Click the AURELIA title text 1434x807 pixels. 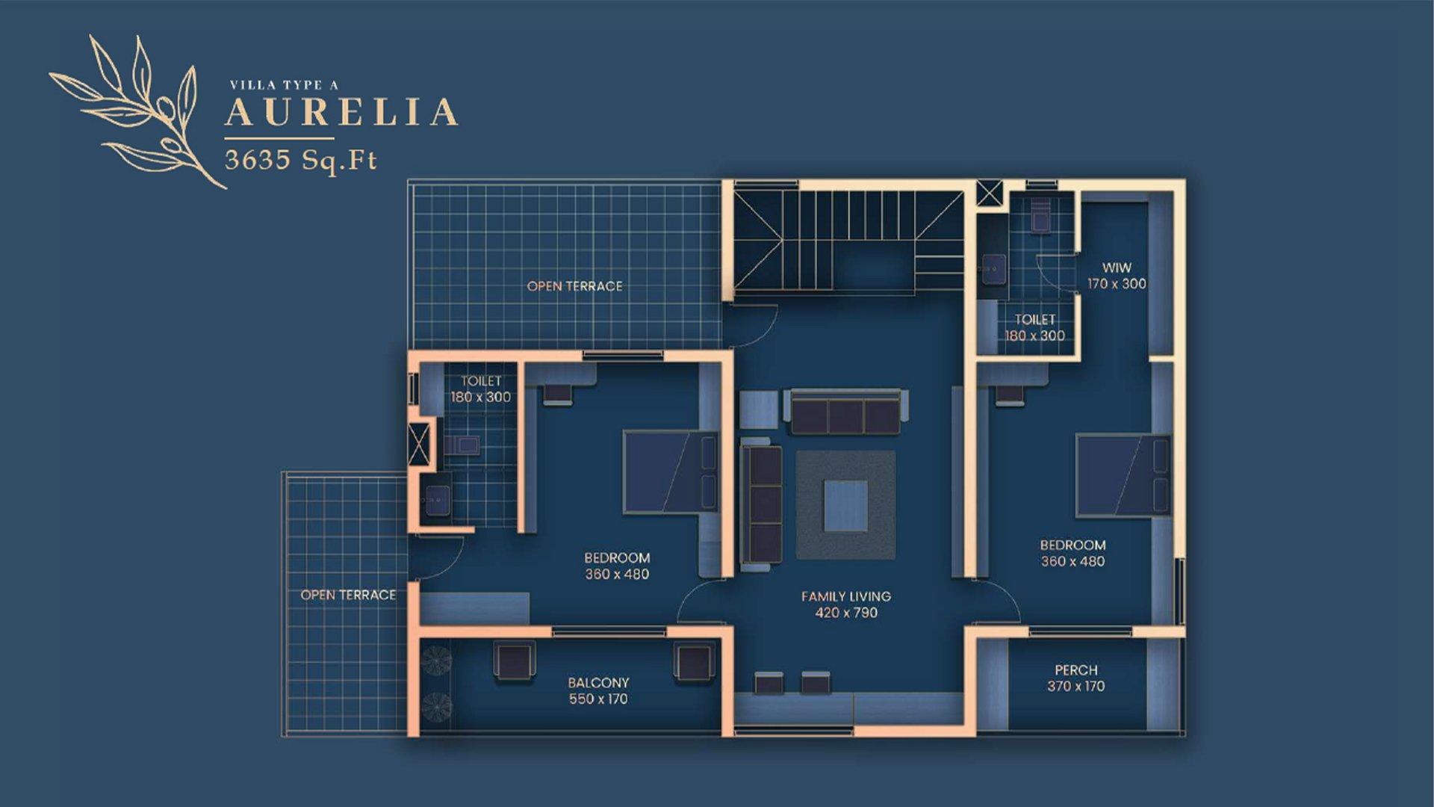pyautogui.click(x=341, y=112)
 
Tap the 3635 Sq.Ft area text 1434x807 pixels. pyautogui.click(x=300, y=160)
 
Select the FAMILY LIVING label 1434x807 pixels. pyautogui.click(x=845, y=596)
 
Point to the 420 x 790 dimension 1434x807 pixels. pyautogui.click(x=845, y=613)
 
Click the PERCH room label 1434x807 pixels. pyautogui.click(x=1075, y=670)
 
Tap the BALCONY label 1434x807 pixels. pyautogui.click(x=598, y=682)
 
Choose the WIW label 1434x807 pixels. pyautogui.click(x=1117, y=268)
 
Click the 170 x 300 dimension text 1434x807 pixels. pyautogui.click(x=1117, y=284)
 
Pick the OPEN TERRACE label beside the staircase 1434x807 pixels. pyautogui.click(x=574, y=286)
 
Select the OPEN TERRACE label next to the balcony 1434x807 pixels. pyautogui.click(x=348, y=595)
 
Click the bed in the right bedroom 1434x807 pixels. pyautogui.click(x=1122, y=475)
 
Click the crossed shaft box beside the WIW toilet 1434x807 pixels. pyautogui.click(x=990, y=193)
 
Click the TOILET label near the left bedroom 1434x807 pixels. pyautogui.click(x=480, y=381)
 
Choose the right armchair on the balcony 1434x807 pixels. pyautogui.click(x=694, y=663)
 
